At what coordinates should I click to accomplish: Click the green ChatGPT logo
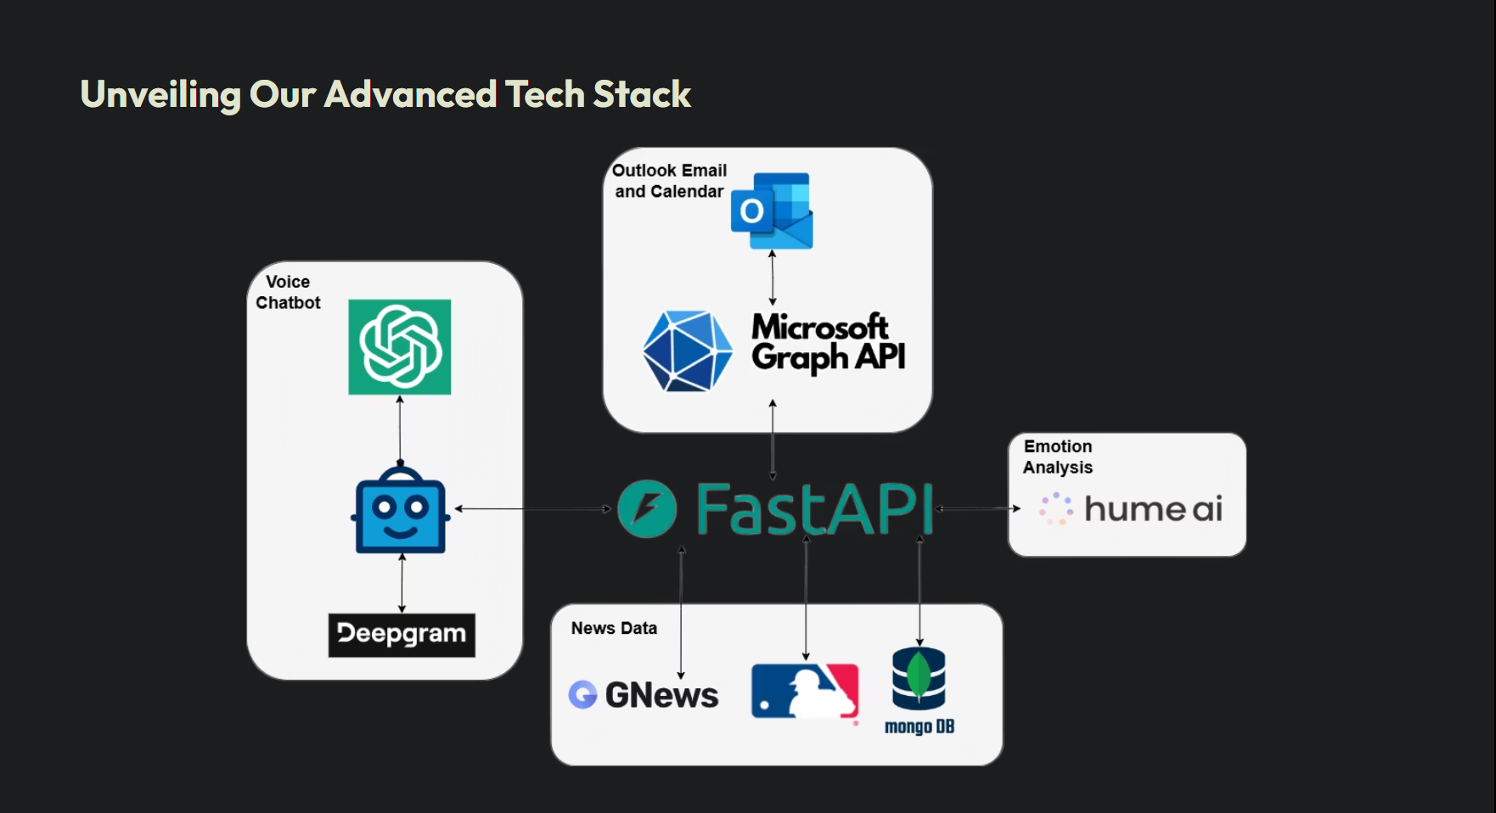click(399, 346)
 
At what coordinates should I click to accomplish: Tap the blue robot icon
click(401, 509)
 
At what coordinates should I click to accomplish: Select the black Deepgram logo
click(402, 635)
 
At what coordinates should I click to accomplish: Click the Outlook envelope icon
click(772, 210)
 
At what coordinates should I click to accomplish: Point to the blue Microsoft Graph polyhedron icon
click(687, 350)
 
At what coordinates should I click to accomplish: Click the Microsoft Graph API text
click(829, 342)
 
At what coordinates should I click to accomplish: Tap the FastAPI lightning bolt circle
click(647, 509)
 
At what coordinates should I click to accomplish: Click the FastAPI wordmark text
click(814, 508)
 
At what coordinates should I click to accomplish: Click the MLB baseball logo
click(805, 691)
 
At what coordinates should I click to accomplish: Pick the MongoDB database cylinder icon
click(919, 678)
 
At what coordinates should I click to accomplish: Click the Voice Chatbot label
click(288, 292)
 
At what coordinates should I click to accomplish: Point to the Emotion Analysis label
click(1058, 457)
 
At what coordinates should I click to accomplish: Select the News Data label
click(614, 628)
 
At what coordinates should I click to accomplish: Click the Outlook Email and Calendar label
click(670, 181)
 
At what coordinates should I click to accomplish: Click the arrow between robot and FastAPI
click(533, 509)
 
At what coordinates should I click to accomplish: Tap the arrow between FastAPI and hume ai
click(978, 509)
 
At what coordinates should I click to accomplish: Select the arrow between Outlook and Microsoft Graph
click(772, 278)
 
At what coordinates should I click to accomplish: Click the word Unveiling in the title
click(160, 95)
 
